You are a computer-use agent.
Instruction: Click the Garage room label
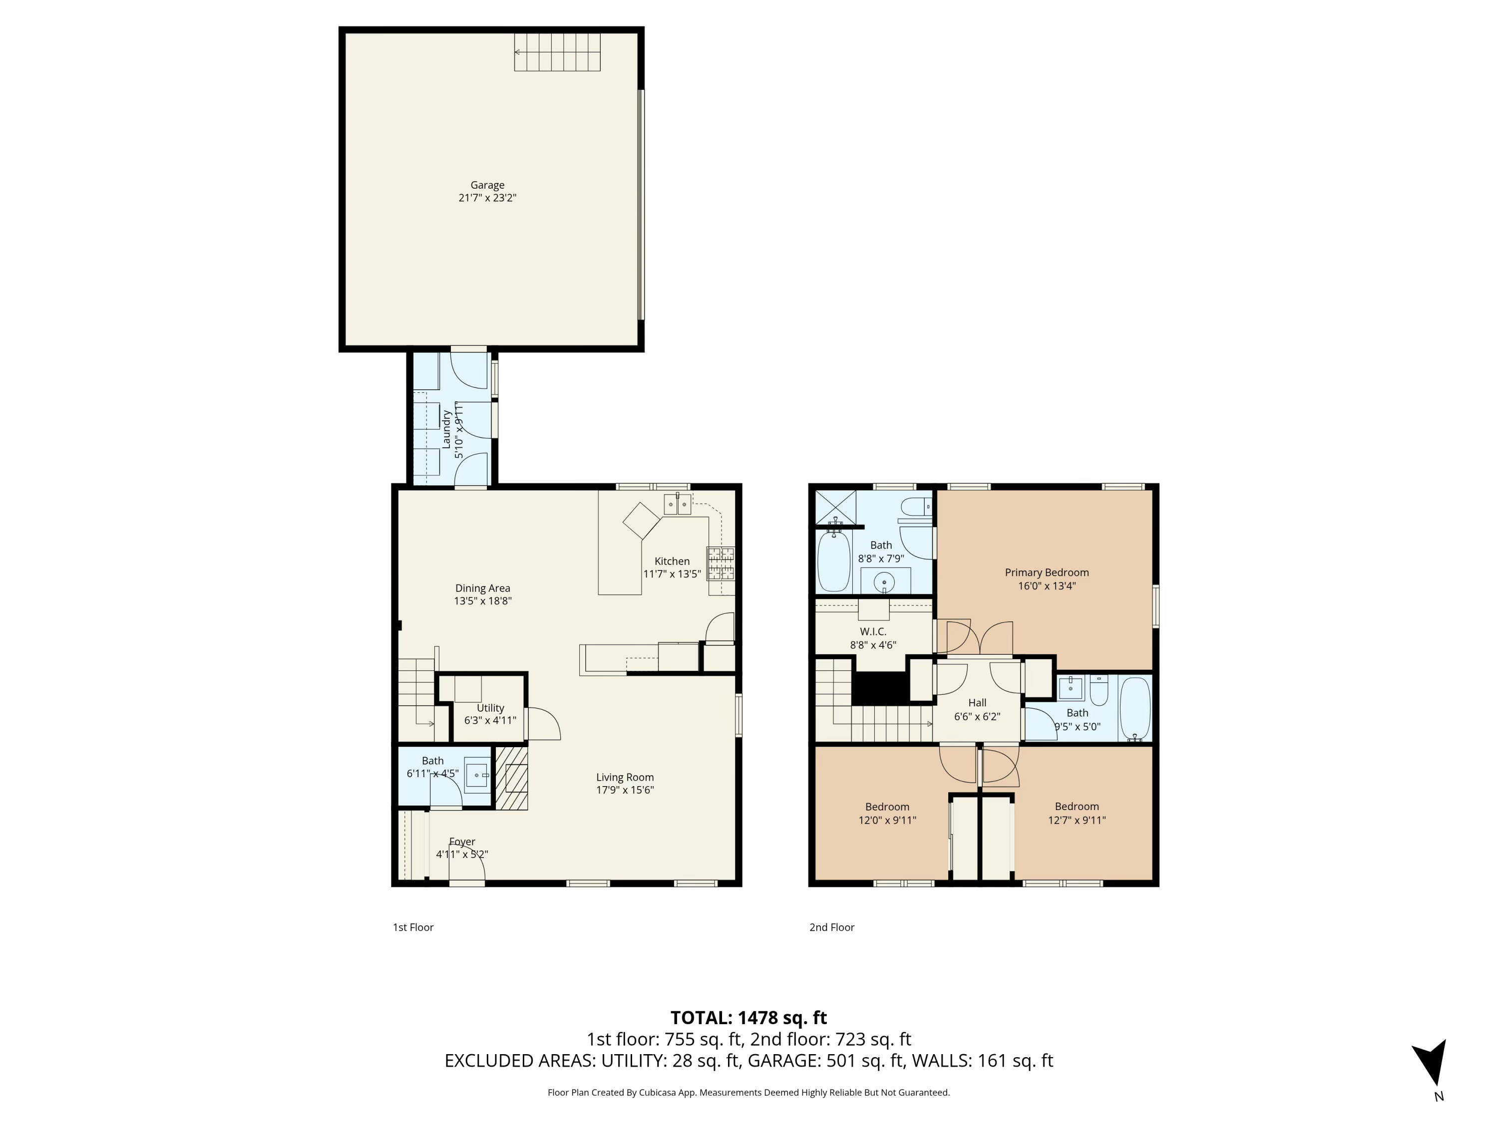487,185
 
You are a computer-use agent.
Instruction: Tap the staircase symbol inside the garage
557,52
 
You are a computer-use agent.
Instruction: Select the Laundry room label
446,429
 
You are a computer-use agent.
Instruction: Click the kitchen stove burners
721,563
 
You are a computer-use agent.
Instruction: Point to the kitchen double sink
677,504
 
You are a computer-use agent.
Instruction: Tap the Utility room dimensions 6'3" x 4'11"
490,720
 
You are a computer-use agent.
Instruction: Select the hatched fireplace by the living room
511,778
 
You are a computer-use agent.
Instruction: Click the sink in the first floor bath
477,775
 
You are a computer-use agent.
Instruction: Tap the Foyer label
462,842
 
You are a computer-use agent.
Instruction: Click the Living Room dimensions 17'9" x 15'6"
624,790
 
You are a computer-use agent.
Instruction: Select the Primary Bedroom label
1046,572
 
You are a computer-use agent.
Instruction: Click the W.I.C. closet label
873,631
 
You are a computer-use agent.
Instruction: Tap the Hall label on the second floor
977,703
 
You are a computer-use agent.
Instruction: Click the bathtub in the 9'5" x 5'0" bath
1135,708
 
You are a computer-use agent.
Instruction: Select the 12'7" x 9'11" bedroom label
1076,813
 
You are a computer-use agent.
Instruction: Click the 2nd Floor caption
831,927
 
